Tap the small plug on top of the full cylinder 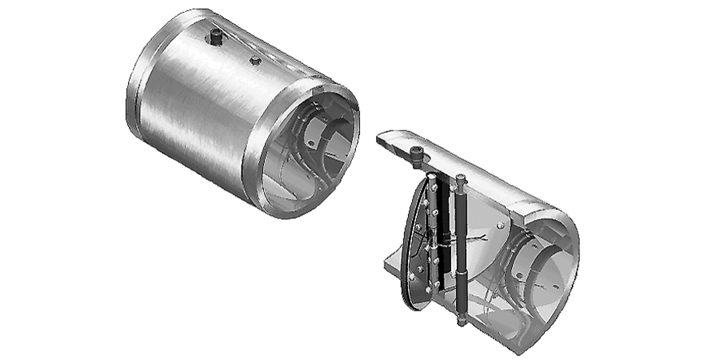point(255,60)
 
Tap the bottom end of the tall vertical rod point(462,322)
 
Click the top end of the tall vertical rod point(461,179)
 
